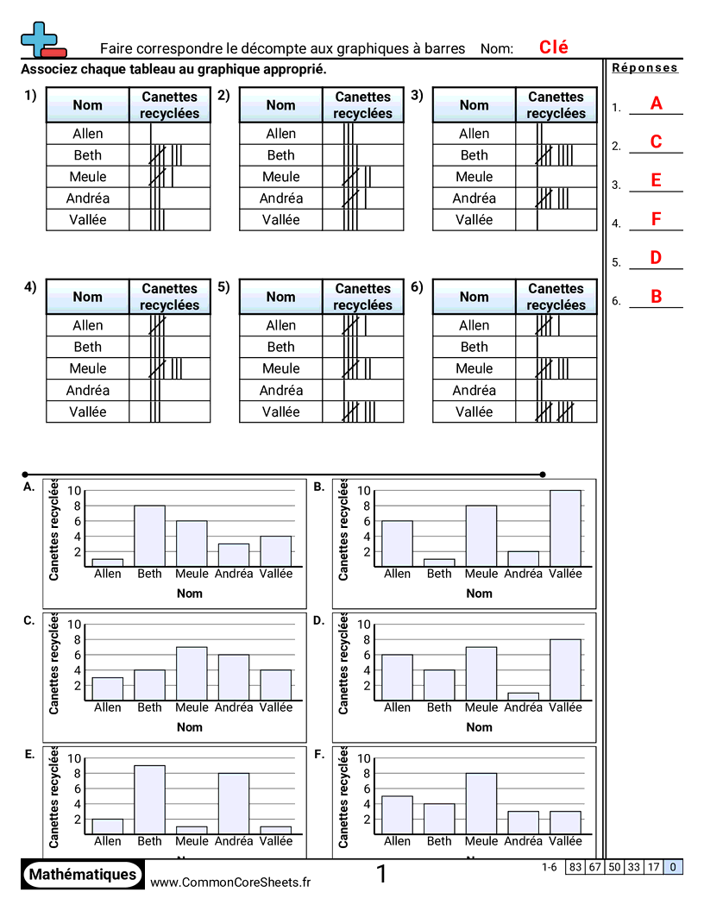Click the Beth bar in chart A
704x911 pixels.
149,536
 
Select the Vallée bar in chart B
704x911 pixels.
565,528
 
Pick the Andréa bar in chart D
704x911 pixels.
523,695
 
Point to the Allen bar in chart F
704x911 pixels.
397,814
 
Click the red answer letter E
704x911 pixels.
656,180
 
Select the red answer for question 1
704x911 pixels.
656,104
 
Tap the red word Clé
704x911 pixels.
553,47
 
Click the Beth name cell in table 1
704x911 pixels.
87,155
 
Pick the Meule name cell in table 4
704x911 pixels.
87,368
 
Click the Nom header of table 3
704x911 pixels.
474,105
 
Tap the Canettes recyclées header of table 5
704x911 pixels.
362,297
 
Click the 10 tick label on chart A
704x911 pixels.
75,490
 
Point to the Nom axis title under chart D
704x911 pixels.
479,727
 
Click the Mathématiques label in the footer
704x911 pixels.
83,874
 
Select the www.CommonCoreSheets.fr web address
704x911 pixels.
230,882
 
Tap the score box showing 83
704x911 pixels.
575,867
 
